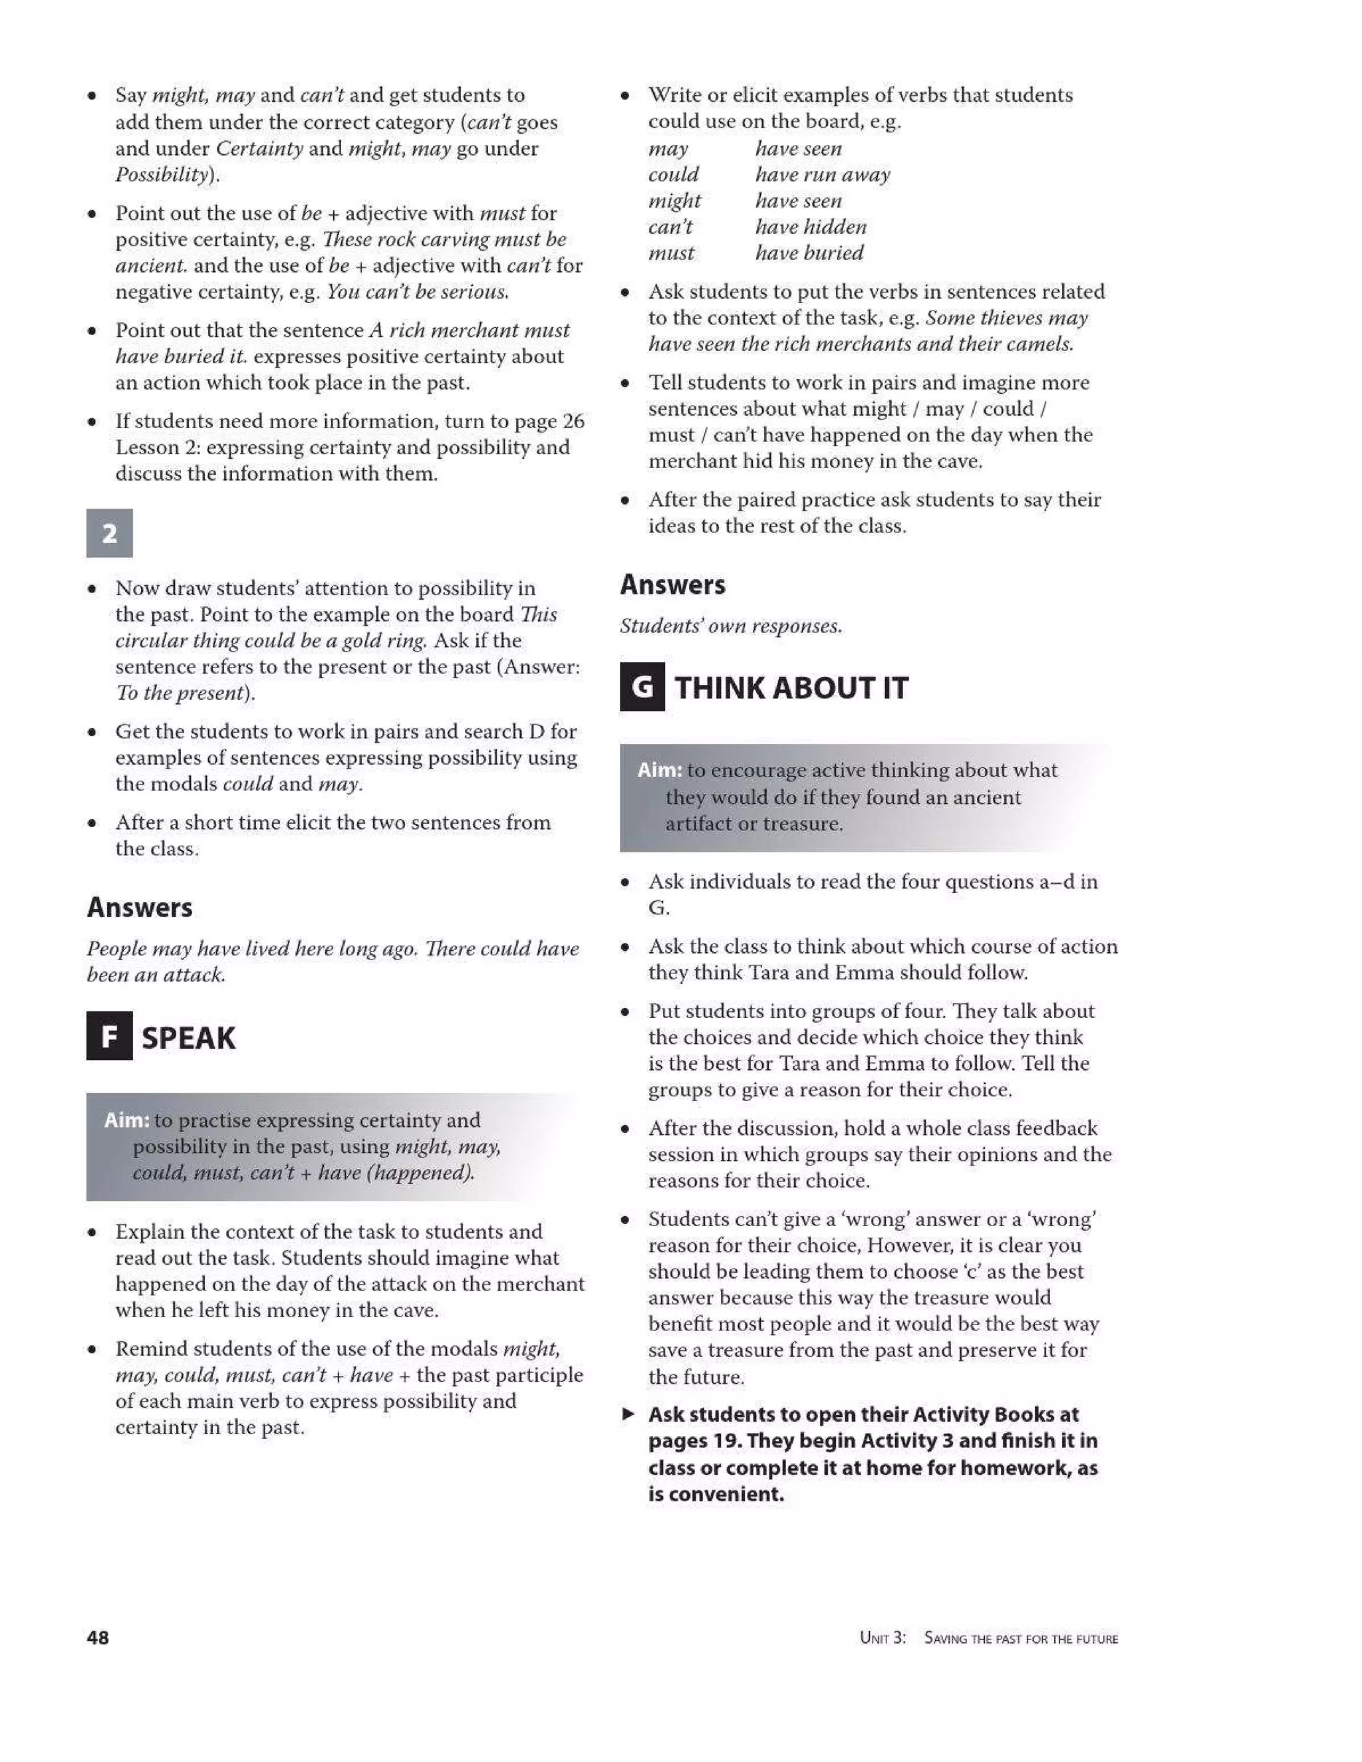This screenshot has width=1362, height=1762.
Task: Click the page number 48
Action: coord(98,1638)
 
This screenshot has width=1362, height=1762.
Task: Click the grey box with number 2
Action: coord(110,533)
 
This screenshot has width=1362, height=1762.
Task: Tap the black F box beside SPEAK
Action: coord(109,1036)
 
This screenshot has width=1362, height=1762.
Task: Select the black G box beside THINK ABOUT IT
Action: coord(642,688)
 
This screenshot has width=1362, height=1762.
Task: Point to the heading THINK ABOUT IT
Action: coord(791,688)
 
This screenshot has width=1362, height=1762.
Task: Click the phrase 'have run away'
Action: coord(822,174)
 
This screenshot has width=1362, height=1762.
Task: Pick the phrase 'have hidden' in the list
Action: coord(810,227)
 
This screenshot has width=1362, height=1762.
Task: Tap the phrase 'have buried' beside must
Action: coord(809,253)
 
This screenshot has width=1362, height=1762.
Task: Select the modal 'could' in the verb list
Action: coord(674,174)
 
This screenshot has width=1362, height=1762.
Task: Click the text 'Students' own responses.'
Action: coord(731,626)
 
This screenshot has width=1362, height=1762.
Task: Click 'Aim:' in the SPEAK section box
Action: coord(126,1120)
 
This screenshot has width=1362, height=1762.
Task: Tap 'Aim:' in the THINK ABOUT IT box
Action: coord(659,770)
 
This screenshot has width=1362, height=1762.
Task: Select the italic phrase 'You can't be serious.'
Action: coord(417,291)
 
